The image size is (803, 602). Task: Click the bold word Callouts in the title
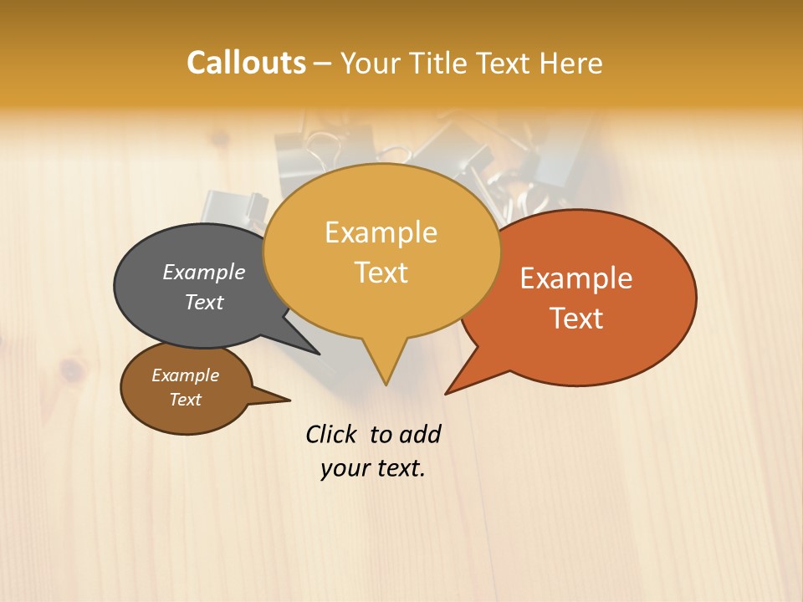click(x=246, y=63)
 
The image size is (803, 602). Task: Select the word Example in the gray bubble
click(x=204, y=272)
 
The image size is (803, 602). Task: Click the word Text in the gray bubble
click(x=204, y=302)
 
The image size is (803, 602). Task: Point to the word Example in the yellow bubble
click(x=381, y=232)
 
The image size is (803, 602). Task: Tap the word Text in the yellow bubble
click(x=381, y=273)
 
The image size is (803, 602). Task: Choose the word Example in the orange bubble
click(x=576, y=278)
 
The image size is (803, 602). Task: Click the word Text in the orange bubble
click(x=576, y=318)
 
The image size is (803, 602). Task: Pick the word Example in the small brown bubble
click(x=185, y=375)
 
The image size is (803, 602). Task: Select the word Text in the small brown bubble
click(x=185, y=400)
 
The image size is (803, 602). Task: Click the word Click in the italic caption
click(x=331, y=434)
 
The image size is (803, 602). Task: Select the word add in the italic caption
click(x=420, y=434)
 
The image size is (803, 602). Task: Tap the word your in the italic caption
click(x=343, y=468)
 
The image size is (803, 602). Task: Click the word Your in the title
click(x=372, y=63)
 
